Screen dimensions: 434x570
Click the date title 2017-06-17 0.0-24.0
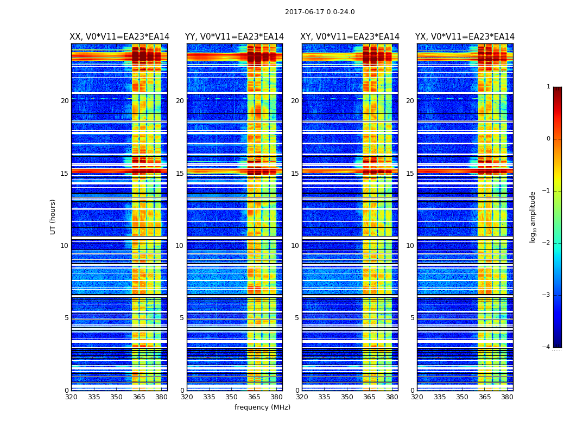click(320, 12)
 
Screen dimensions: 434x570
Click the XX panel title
click(119, 37)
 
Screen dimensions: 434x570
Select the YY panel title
click(235, 37)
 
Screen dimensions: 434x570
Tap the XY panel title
click(350, 37)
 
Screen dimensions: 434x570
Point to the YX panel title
click(465, 37)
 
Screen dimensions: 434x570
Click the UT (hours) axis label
click(53, 216)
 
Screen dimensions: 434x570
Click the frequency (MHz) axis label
click(262, 407)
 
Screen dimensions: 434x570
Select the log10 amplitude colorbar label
click(533, 216)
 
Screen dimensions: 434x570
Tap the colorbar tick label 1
click(548, 87)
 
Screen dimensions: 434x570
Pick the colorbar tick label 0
click(548, 139)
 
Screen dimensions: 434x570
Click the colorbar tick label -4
click(547, 347)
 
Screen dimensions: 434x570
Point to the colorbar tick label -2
click(547, 243)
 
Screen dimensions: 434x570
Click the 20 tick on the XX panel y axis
click(65, 101)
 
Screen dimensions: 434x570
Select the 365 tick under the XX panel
click(139, 397)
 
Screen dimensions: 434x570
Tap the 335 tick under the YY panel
click(210, 397)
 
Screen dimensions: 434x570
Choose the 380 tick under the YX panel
click(507, 397)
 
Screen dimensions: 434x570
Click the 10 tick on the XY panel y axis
click(295, 246)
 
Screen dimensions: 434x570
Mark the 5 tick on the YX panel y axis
click(413, 318)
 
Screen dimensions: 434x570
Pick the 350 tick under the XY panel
click(347, 397)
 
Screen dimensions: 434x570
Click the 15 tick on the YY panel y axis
click(180, 174)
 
